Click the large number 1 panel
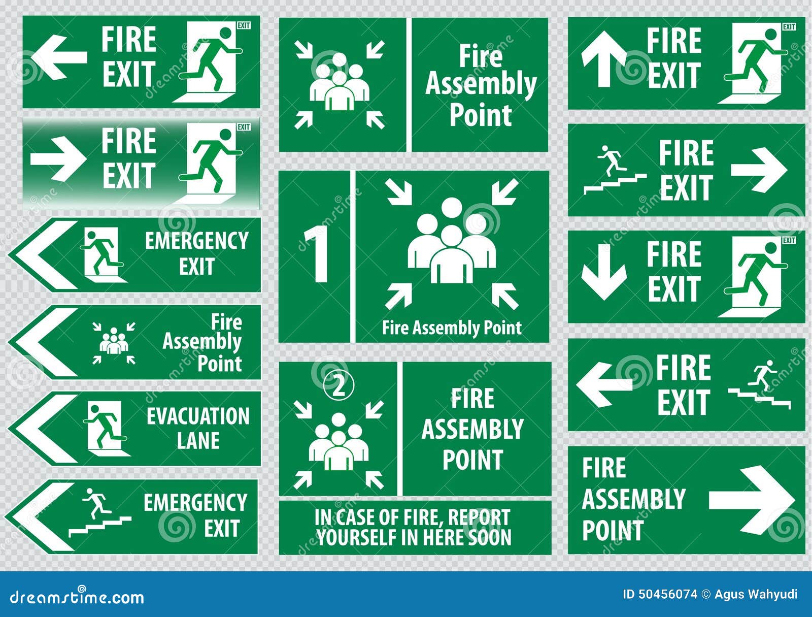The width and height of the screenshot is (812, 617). [315, 256]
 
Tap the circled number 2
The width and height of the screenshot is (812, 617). [339, 386]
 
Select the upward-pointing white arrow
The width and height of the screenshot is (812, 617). [603, 58]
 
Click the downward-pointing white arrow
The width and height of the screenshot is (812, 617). [603, 272]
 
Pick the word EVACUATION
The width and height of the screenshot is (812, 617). [198, 416]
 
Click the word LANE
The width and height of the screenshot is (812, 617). [198, 440]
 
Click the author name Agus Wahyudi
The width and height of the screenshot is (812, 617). [756, 594]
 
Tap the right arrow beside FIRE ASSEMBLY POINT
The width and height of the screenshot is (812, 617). [751, 500]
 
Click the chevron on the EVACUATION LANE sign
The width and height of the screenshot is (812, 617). [43, 428]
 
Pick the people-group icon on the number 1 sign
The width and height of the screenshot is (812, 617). [452, 241]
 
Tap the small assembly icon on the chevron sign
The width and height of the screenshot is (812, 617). [114, 342]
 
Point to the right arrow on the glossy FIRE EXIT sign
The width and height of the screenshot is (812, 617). [57, 158]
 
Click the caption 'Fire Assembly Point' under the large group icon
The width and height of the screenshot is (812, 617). [452, 328]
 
